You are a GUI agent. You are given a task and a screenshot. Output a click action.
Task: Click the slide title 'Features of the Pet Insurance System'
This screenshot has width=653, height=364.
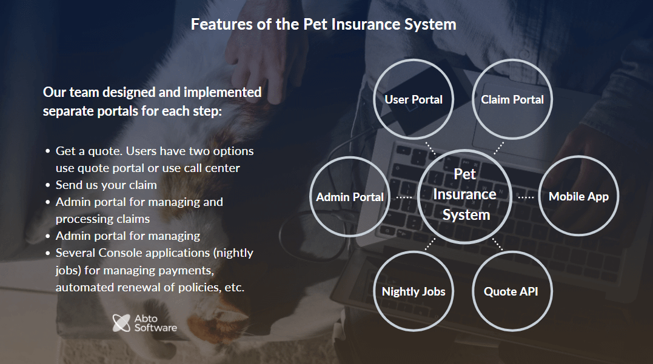323,24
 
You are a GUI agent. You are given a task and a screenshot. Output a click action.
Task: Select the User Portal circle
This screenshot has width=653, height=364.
414,99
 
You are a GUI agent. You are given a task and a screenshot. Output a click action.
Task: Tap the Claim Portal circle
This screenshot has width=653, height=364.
512,99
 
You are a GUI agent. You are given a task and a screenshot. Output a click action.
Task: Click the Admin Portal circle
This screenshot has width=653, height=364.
350,197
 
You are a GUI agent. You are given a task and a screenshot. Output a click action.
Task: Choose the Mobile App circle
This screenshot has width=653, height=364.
578,196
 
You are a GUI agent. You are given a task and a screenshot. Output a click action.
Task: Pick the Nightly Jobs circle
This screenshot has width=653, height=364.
414,291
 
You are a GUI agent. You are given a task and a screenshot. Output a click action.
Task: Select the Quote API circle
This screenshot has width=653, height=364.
511,291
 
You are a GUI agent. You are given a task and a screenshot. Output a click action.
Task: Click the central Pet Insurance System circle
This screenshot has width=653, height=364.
465,194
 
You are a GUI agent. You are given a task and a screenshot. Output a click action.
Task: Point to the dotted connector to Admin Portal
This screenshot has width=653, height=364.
404,197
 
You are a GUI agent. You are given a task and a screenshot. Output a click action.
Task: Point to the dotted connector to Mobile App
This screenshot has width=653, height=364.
526,196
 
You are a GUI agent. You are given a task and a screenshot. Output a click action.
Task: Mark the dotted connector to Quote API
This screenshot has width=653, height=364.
497,243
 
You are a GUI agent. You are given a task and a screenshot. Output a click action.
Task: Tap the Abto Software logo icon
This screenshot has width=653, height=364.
122,323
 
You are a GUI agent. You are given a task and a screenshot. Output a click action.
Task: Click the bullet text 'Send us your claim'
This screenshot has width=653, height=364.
106,185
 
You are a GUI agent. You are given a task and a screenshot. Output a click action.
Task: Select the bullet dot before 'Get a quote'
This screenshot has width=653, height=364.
48,151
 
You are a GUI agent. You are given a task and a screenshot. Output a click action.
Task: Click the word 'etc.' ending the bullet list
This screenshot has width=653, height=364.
234,288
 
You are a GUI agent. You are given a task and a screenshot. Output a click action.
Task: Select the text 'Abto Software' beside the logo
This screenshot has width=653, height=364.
156,323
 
